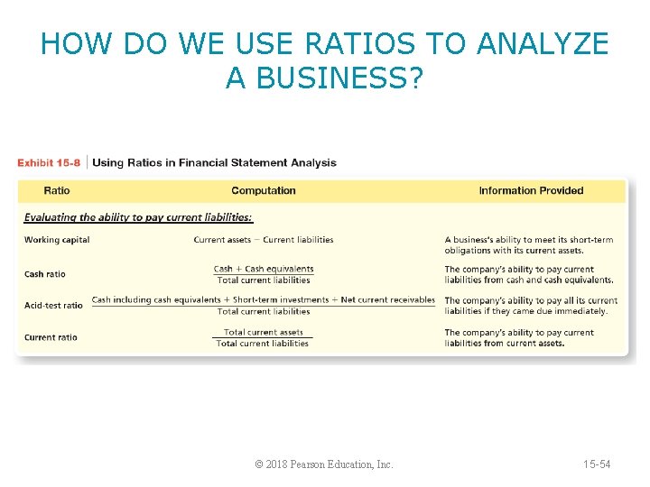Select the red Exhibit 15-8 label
[x=49, y=163]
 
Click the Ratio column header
[x=57, y=190]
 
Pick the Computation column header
[x=264, y=190]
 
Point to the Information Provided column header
[x=531, y=190]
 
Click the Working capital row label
[x=57, y=240]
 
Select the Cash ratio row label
[x=45, y=274]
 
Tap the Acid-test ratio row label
[x=53, y=306]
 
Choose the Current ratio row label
[x=51, y=337]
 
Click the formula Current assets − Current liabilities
[x=264, y=240]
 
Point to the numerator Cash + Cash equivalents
[x=264, y=269]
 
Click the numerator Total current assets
[x=264, y=333]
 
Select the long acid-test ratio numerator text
[x=264, y=300]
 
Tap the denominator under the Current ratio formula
[x=263, y=344]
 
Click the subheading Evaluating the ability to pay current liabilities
[x=138, y=217]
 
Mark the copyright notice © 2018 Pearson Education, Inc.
[x=324, y=464]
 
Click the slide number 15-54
[x=597, y=464]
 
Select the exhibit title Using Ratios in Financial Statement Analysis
[x=215, y=163]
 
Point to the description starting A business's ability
[x=528, y=245]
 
